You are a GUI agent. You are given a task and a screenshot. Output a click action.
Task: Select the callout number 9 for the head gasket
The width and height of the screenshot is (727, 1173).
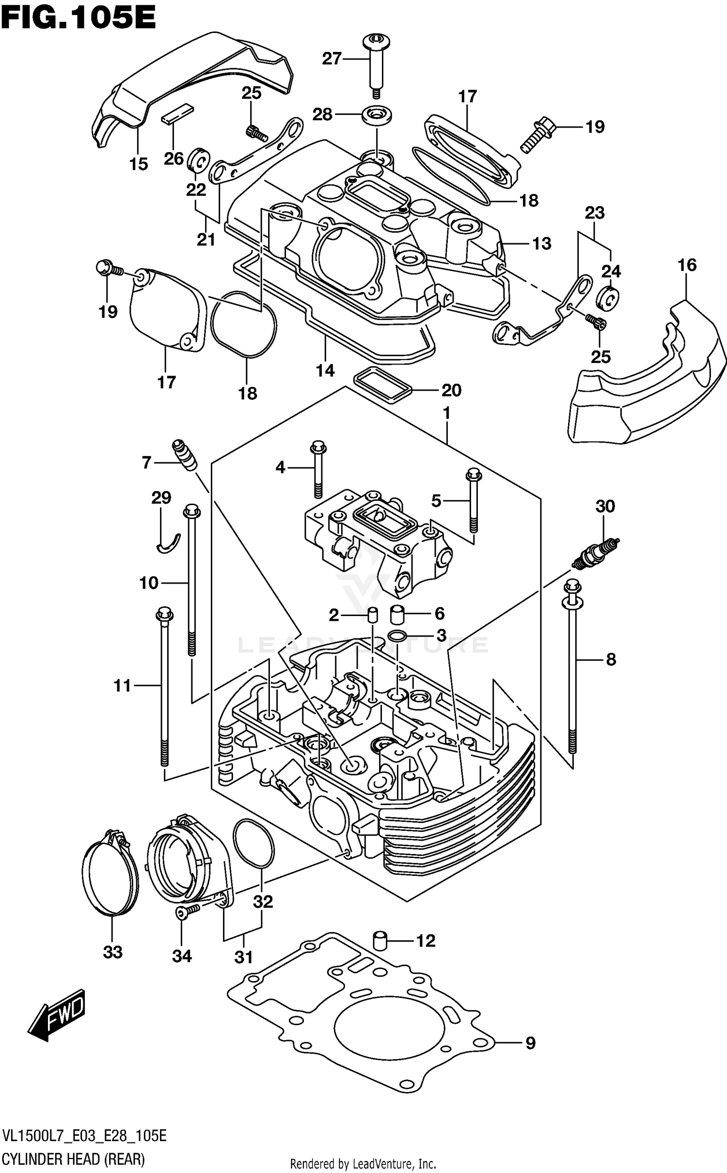tap(530, 1043)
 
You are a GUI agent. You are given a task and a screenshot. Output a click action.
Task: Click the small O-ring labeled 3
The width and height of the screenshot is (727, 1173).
tap(396, 635)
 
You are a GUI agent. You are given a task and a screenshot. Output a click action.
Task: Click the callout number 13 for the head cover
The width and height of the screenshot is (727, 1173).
tap(541, 243)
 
